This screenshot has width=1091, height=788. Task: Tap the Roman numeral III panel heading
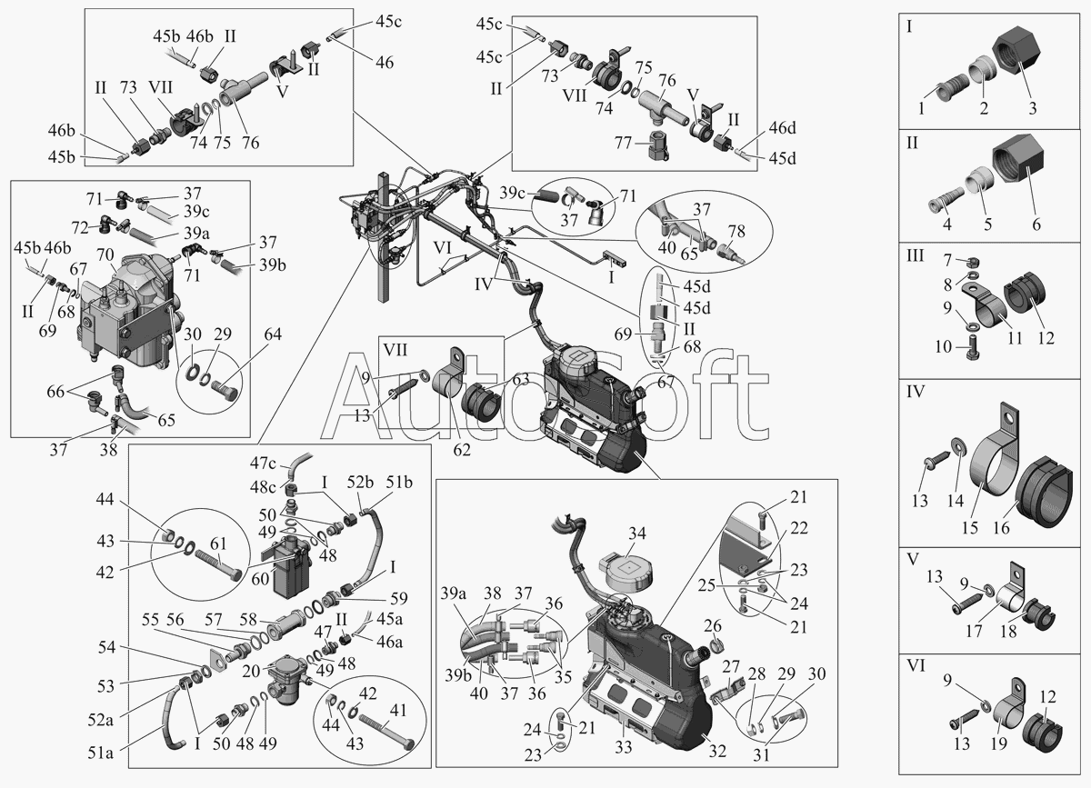click(916, 255)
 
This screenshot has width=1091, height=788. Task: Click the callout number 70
click(105, 254)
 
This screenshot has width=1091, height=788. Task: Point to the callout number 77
click(623, 143)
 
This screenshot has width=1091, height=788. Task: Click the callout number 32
click(717, 751)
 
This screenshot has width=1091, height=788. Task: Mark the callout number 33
click(623, 746)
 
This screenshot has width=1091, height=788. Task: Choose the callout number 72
click(80, 227)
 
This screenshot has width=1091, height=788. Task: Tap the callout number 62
click(462, 450)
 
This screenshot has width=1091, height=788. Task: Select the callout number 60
click(260, 579)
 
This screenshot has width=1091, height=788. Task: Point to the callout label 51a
click(100, 753)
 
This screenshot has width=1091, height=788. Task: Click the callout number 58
click(248, 620)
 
